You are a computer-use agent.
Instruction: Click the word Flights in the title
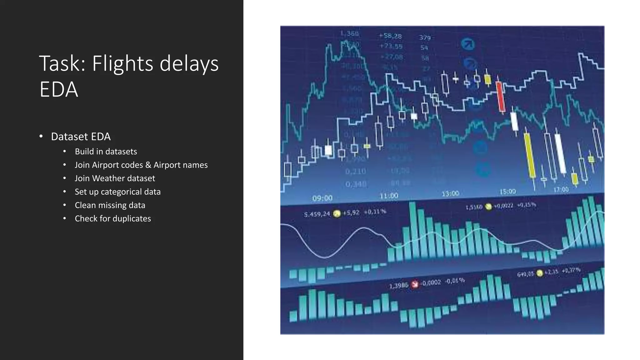(123, 64)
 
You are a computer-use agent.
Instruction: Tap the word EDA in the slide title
(58, 90)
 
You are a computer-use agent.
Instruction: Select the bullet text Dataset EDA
(81, 137)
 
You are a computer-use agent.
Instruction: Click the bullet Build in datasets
(106, 152)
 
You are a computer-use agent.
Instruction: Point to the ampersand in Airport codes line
(148, 165)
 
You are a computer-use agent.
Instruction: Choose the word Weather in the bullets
(108, 178)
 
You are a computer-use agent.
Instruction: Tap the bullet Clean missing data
(110, 205)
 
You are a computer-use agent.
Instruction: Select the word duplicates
(132, 219)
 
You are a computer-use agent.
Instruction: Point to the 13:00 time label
(450, 194)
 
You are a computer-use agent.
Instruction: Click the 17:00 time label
(561, 190)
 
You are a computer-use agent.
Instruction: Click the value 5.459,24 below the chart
(317, 214)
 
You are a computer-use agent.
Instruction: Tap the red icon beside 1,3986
(415, 284)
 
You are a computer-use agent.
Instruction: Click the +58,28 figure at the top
(390, 36)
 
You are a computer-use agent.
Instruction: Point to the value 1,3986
(398, 286)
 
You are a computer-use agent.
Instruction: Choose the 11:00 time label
(389, 196)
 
